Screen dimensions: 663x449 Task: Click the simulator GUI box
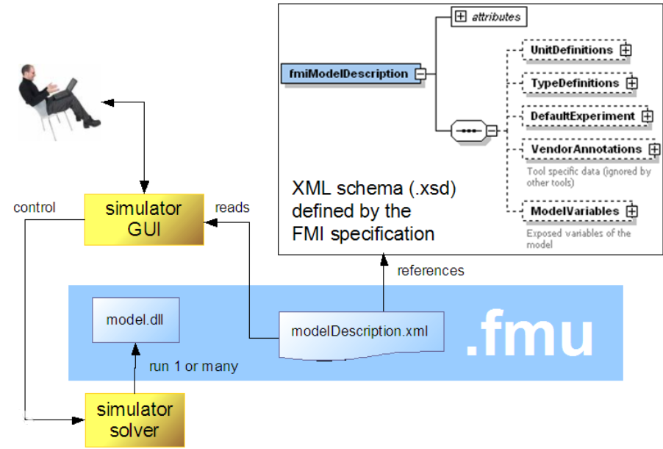[x=144, y=219]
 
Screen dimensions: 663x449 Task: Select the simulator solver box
[x=135, y=420]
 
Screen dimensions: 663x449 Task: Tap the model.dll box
[x=136, y=319]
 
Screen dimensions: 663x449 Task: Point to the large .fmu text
[x=529, y=334]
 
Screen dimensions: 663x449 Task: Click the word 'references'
[x=431, y=270]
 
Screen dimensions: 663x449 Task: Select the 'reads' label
[x=232, y=208]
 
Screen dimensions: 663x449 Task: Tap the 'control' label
[x=35, y=208]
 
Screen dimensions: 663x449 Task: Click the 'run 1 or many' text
[x=193, y=367]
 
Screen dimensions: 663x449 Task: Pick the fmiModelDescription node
[x=351, y=74]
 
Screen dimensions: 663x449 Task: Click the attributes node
[x=489, y=16]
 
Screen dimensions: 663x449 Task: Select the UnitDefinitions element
[x=575, y=50]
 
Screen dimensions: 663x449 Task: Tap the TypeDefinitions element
[x=578, y=83]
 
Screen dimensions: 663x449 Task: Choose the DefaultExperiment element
[x=586, y=116]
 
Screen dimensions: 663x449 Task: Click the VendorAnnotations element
[x=589, y=149]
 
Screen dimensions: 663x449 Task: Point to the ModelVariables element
[x=578, y=211]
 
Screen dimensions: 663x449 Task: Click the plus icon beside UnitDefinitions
[x=626, y=50]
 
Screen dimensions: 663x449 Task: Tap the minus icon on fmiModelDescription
[x=420, y=74]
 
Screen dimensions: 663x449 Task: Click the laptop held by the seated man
[x=67, y=88]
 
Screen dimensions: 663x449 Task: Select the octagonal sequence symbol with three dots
[x=468, y=131]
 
